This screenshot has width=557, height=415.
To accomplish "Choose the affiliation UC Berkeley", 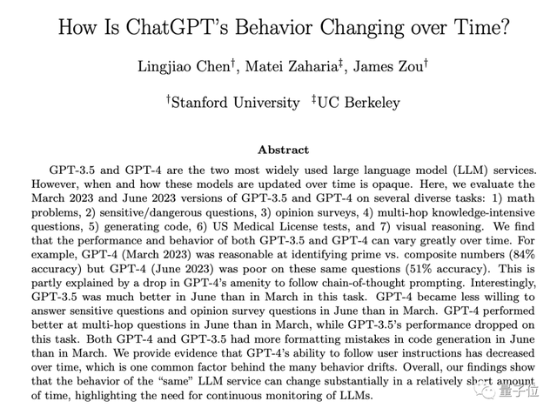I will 358,103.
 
